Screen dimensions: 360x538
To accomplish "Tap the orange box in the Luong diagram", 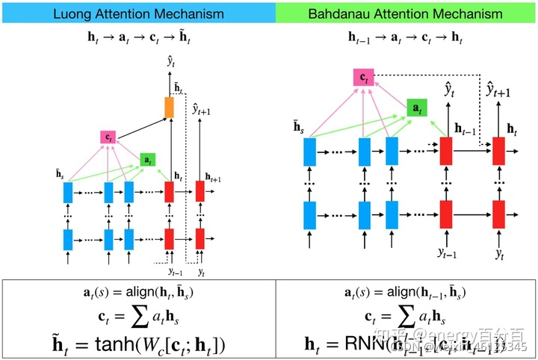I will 169,107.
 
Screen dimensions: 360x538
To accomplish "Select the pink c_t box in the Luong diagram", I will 109,137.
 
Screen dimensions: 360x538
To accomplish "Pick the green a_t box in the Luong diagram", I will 148,160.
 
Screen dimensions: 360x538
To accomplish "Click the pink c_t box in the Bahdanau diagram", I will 364,77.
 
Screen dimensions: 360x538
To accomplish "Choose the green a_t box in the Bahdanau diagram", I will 417,108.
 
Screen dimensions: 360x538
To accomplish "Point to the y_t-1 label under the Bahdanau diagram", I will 447,252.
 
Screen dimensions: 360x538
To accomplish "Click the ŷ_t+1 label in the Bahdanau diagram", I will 498,91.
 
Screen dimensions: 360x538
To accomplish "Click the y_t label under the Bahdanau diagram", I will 498,252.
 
